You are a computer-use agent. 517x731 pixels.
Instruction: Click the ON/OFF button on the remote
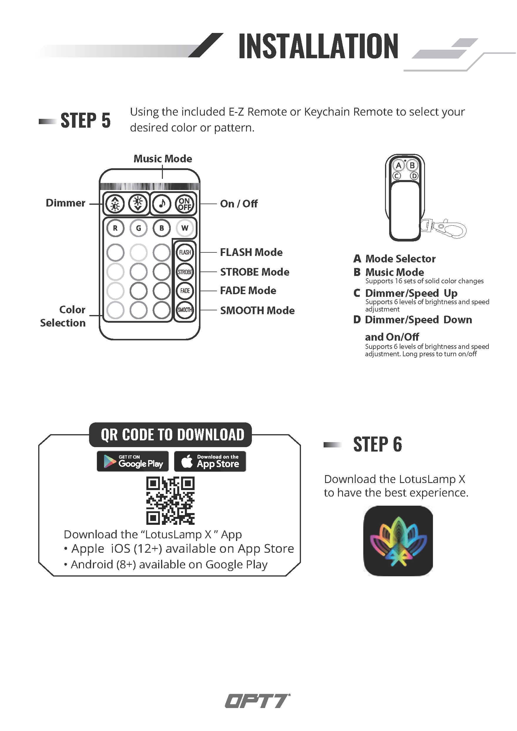[x=185, y=204]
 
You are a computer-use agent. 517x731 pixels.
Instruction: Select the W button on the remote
[x=185, y=228]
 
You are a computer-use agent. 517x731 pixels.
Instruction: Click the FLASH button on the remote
[x=185, y=252]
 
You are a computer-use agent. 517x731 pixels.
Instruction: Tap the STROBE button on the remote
[x=185, y=272]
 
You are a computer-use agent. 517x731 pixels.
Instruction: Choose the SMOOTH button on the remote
[x=185, y=310]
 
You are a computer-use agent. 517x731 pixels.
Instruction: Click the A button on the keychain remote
[x=399, y=165]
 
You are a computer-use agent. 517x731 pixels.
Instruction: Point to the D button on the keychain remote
[x=414, y=176]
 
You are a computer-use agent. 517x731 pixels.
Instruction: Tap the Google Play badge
[x=133, y=461]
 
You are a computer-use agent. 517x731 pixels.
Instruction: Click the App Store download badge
[x=210, y=461]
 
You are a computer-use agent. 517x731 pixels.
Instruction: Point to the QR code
[x=170, y=501]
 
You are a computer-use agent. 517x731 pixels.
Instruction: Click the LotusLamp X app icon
[x=398, y=541]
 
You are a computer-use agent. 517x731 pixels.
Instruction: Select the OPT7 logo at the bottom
[x=257, y=701]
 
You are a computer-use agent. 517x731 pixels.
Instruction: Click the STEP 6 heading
[x=378, y=444]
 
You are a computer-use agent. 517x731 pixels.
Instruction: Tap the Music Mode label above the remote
[x=163, y=159]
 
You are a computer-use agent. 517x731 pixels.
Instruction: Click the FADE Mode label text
[x=248, y=291]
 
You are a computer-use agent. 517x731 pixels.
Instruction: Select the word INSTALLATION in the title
[x=318, y=46]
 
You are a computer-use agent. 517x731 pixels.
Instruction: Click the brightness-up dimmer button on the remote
[x=115, y=203]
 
